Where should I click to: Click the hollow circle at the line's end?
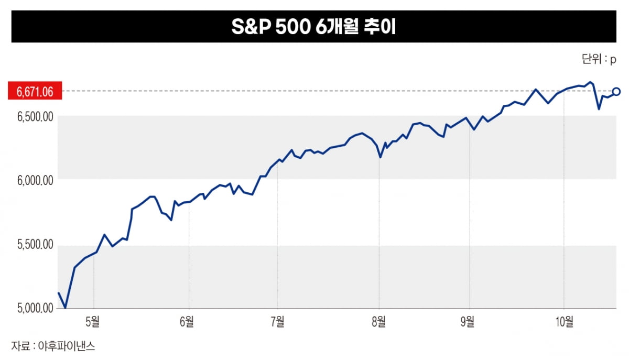pyautogui.click(x=616, y=92)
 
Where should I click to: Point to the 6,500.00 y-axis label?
pyautogui.click(x=35, y=116)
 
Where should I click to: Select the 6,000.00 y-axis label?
pyautogui.click(x=35, y=180)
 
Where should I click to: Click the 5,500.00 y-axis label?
pyautogui.click(x=35, y=245)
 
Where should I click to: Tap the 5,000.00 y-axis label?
pyautogui.click(x=35, y=309)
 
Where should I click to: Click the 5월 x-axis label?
pyautogui.click(x=93, y=322)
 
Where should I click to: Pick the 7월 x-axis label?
pyautogui.click(x=278, y=322)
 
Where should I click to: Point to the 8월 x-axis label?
pyautogui.click(x=378, y=322)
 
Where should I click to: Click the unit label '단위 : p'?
pyautogui.click(x=599, y=59)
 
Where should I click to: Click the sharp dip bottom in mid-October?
pyautogui.click(x=599, y=109)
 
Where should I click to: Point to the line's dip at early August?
pyautogui.click(x=381, y=157)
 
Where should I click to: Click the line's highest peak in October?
pyautogui.click(x=591, y=82)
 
